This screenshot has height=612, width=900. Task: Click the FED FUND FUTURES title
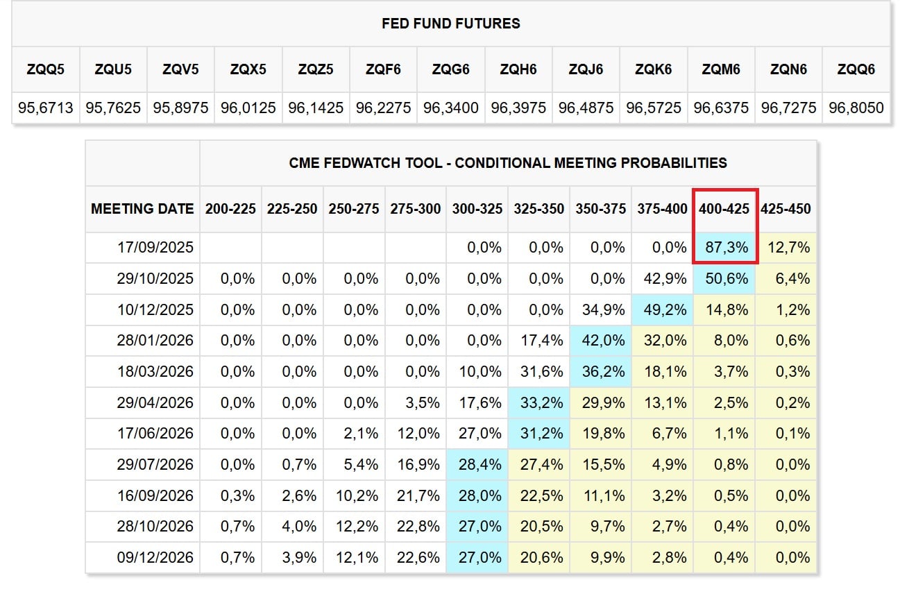451,24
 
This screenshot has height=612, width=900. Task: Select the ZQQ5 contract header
45,69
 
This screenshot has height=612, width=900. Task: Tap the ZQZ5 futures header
316,69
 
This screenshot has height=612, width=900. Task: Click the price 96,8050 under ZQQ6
856,108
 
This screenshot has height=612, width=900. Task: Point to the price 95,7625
113,108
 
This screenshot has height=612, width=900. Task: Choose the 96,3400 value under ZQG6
451,108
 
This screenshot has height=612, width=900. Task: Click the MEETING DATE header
142,209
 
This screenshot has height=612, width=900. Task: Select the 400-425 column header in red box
724,209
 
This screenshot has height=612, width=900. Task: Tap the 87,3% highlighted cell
727,247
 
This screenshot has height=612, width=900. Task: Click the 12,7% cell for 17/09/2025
788,247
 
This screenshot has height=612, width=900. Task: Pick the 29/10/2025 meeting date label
155,278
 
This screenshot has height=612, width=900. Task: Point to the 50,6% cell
727,278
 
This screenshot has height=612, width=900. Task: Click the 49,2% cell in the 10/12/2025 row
665,310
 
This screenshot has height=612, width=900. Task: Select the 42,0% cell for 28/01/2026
603,341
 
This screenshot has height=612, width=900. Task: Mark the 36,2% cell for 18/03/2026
603,372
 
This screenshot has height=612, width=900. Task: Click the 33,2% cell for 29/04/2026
542,402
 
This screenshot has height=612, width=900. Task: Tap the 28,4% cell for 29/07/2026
479,464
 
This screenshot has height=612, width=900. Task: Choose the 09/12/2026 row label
155,557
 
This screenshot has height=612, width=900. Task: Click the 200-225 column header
230,209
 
